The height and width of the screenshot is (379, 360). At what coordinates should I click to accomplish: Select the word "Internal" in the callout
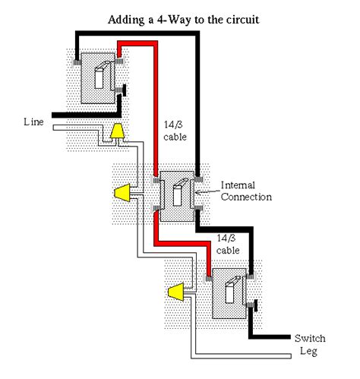click(239, 185)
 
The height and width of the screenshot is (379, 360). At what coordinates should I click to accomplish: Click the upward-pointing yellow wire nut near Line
click(118, 134)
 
